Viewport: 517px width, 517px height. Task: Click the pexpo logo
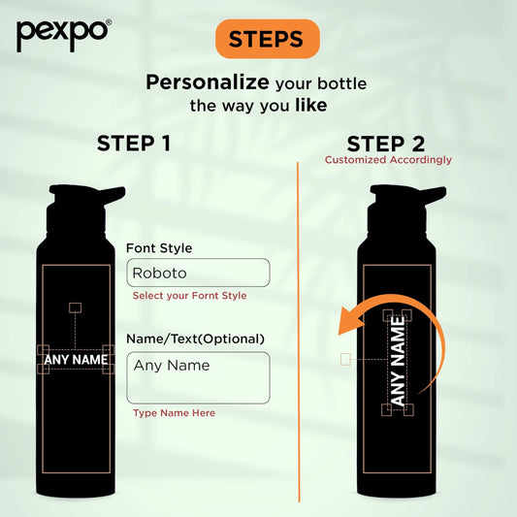coord(64,35)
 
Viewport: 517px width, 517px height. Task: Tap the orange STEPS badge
coord(267,39)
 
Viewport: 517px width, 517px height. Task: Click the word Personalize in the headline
coord(208,82)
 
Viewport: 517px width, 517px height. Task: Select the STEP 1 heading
coord(134,144)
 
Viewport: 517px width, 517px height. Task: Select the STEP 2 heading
coord(386,145)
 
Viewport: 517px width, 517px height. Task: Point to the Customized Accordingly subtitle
coord(388,160)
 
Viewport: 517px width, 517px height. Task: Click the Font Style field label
coord(159,248)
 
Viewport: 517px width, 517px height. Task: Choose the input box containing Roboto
coord(198,273)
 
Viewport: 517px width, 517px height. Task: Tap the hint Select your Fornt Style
coord(189,296)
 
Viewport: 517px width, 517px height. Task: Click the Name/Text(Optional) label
coord(196,339)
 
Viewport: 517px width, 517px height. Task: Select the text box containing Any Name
coord(198,378)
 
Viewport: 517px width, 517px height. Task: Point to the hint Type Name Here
coord(174,413)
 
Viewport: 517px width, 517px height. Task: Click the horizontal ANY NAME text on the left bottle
coord(76,360)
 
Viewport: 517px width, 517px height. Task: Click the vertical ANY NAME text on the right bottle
coord(398,361)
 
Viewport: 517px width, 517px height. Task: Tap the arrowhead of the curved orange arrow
coord(350,321)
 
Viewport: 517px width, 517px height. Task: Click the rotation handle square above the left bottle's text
coord(76,307)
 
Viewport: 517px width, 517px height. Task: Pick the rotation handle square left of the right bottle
coord(345,359)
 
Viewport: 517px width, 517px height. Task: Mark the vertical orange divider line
coord(299,332)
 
